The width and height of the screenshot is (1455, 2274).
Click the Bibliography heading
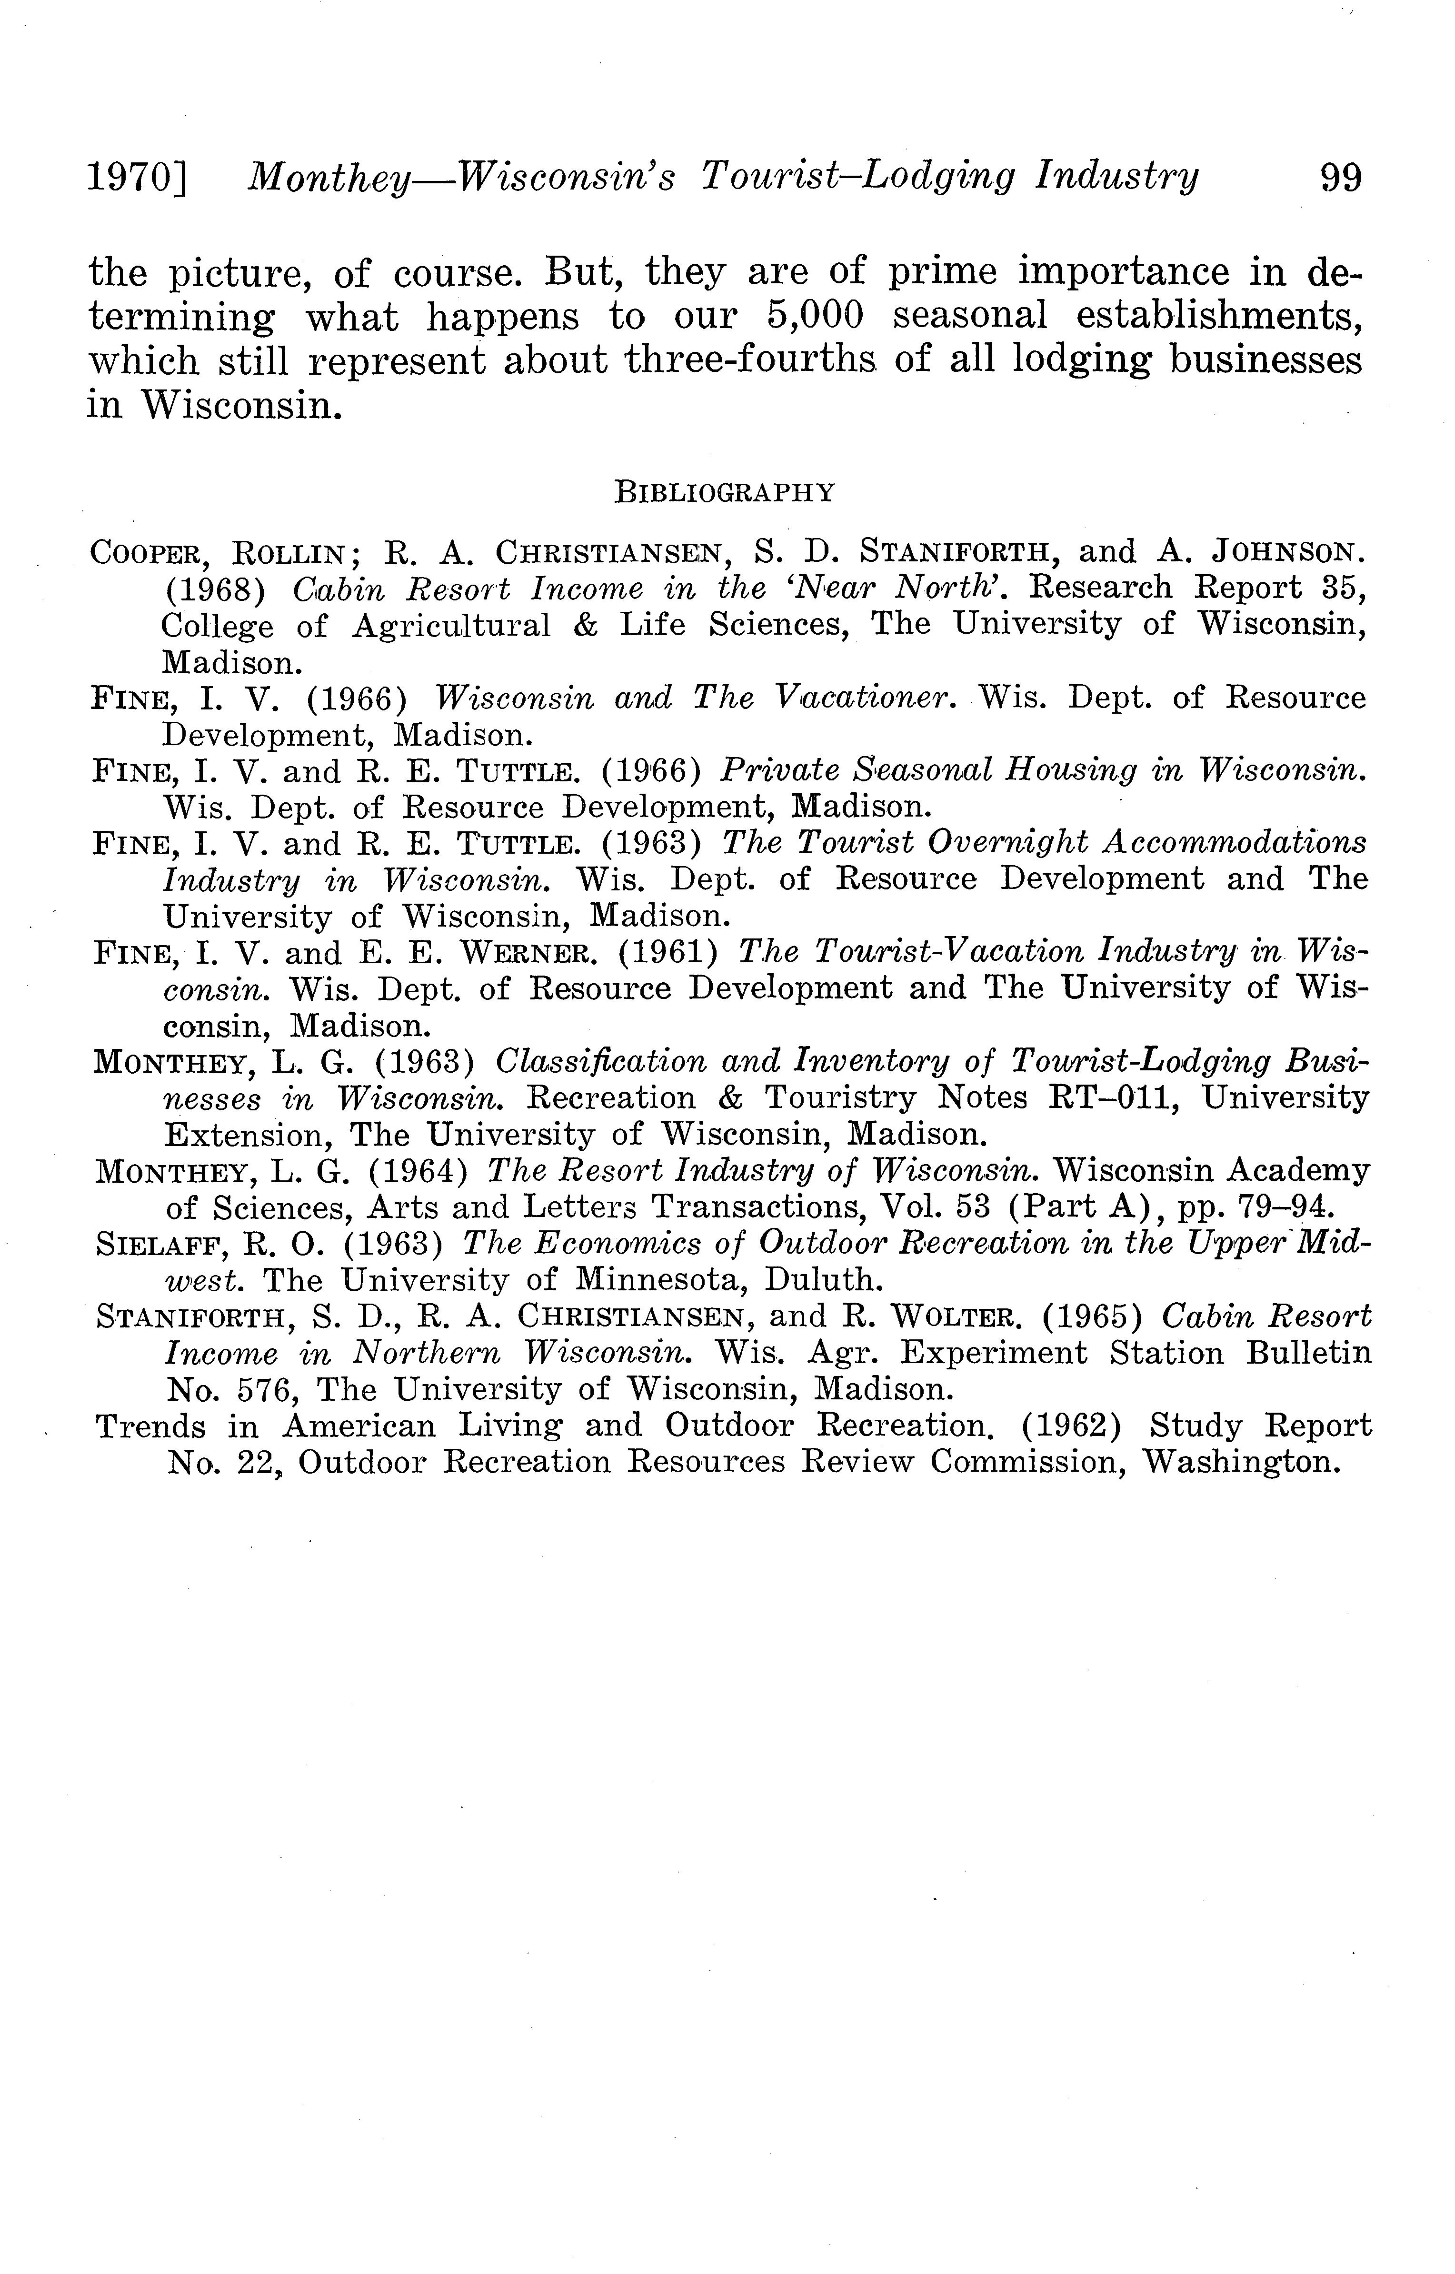click(x=725, y=492)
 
